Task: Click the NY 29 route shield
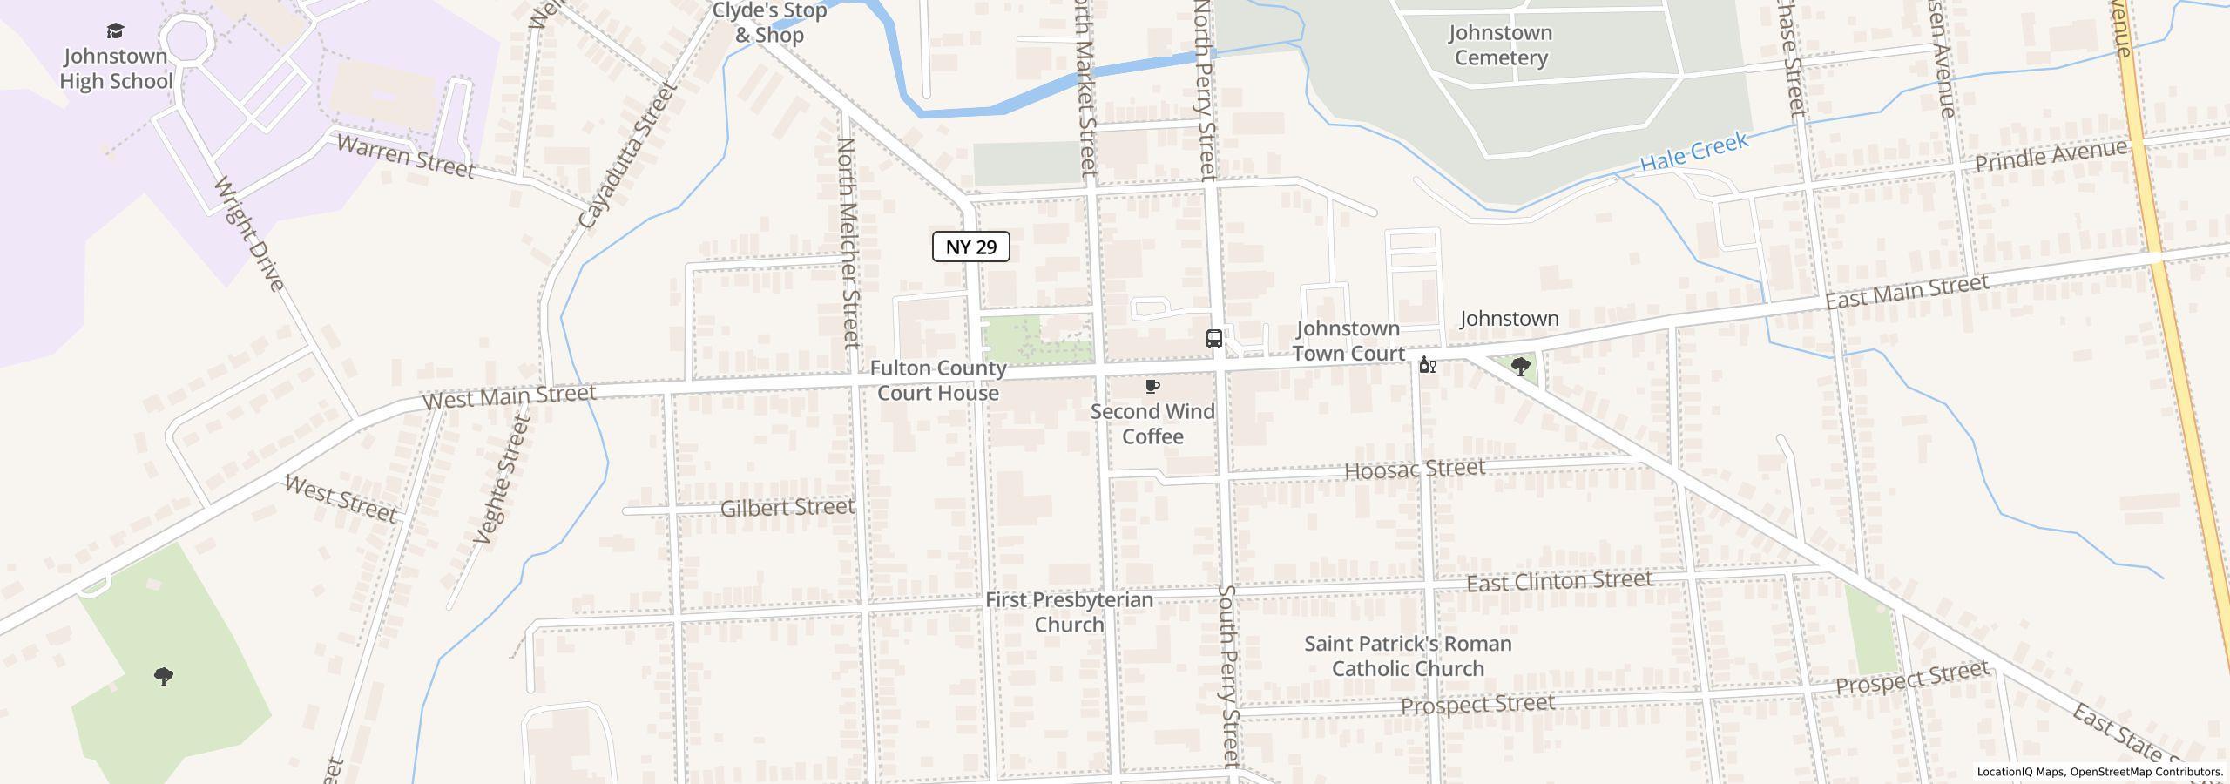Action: pyautogui.click(x=970, y=247)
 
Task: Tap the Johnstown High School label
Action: pyautogui.click(x=116, y=69)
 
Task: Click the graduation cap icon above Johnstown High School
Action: pyautogui.click(x=115, y=32)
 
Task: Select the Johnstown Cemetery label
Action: pyautogui.click(x=1500, y=45)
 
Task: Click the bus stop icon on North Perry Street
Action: pyautogui.click(x=1213, y=339)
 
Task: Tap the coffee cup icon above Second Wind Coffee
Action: pyautogui.click(x=1152, y=387)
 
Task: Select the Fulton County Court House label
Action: pyautogui.click(x=937, y=381)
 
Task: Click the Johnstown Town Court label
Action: pyautogui.click(x=1348, y=341)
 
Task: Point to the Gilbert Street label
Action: pyautogui.click(x=787, y=507)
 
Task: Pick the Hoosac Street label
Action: pyautogui.click(x=1414, y=470)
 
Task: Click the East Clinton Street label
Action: pyautogui.click(x=1558, y=581)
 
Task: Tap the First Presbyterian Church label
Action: pyautogui.click(x=1069, y=612)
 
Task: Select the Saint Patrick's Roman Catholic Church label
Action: pyautogui.click(x=1408, y=656)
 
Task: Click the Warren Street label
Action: pyautogui.click(x=405, y=156)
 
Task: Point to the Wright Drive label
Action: pyautogui.click(x=249, y=233)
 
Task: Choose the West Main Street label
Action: pyautogui.click(x=509, y=396)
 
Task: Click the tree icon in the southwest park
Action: pyautogui.click(x=163, y=677)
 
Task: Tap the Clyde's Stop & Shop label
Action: pyautogui.click(x=769, y=24)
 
